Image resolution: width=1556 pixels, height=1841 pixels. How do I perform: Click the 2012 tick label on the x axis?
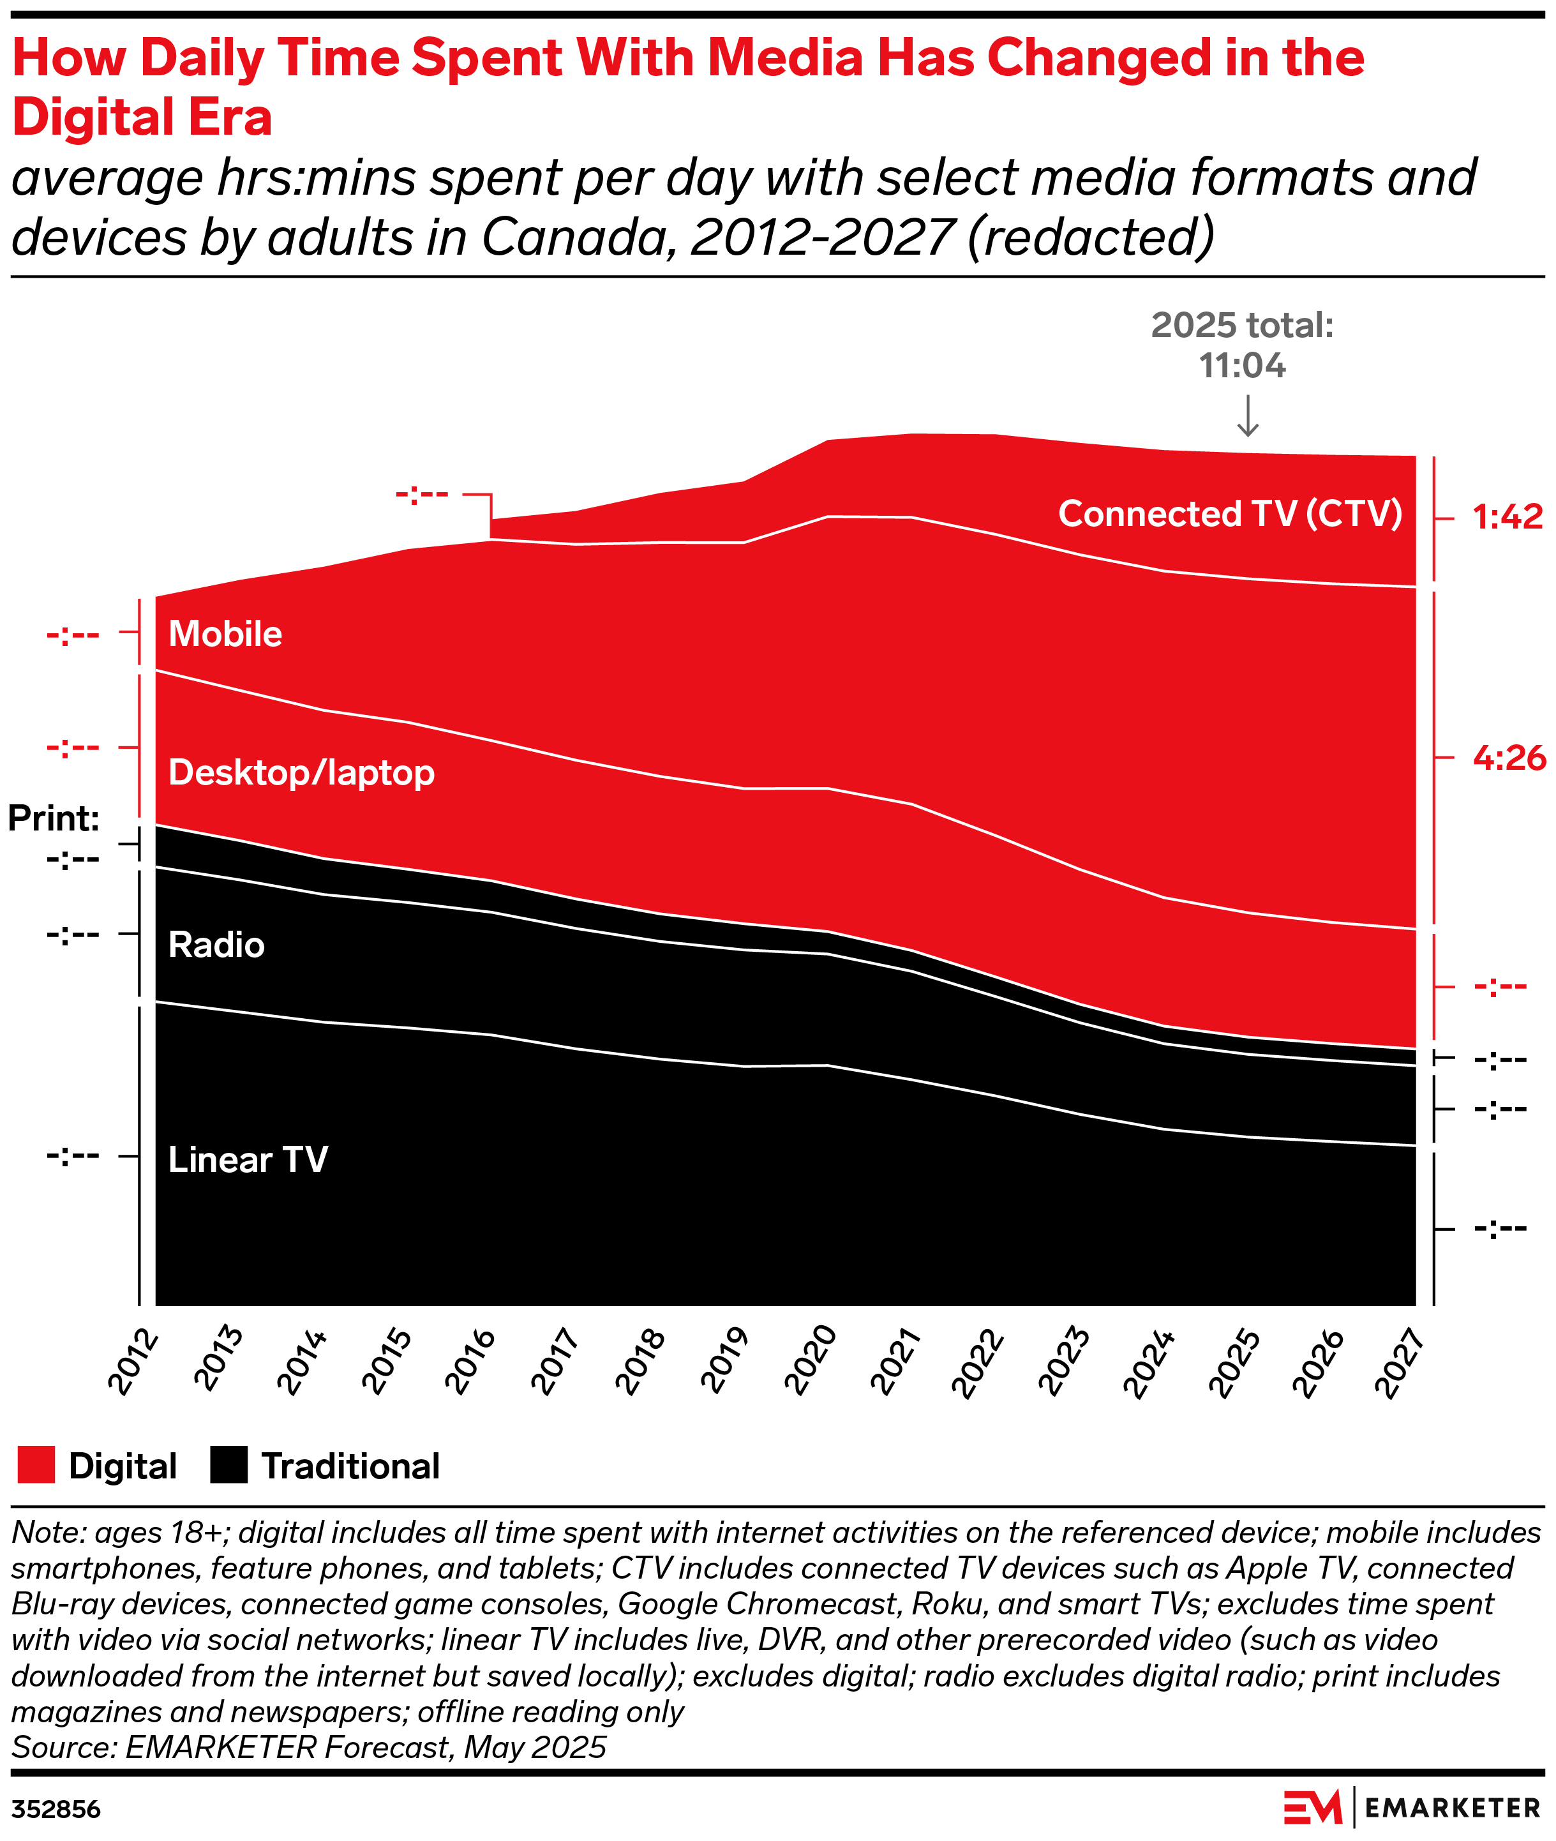point(134,1363)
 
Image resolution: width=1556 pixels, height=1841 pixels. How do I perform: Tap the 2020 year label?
point(811,1363)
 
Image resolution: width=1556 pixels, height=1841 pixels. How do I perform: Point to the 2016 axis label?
point(471,1363)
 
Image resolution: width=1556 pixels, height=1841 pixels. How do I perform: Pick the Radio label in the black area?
point(216,945)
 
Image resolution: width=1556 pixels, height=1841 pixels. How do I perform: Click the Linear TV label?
point(248,1160)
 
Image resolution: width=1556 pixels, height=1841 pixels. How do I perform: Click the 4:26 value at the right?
point(1508,758)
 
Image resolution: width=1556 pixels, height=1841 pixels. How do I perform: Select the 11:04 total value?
point(1242,366)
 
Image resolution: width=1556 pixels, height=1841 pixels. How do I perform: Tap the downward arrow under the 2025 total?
point(1247,416)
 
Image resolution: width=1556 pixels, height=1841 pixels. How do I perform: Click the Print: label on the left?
point(54,818)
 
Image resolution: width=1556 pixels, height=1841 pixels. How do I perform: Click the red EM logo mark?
point(1313,1807)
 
